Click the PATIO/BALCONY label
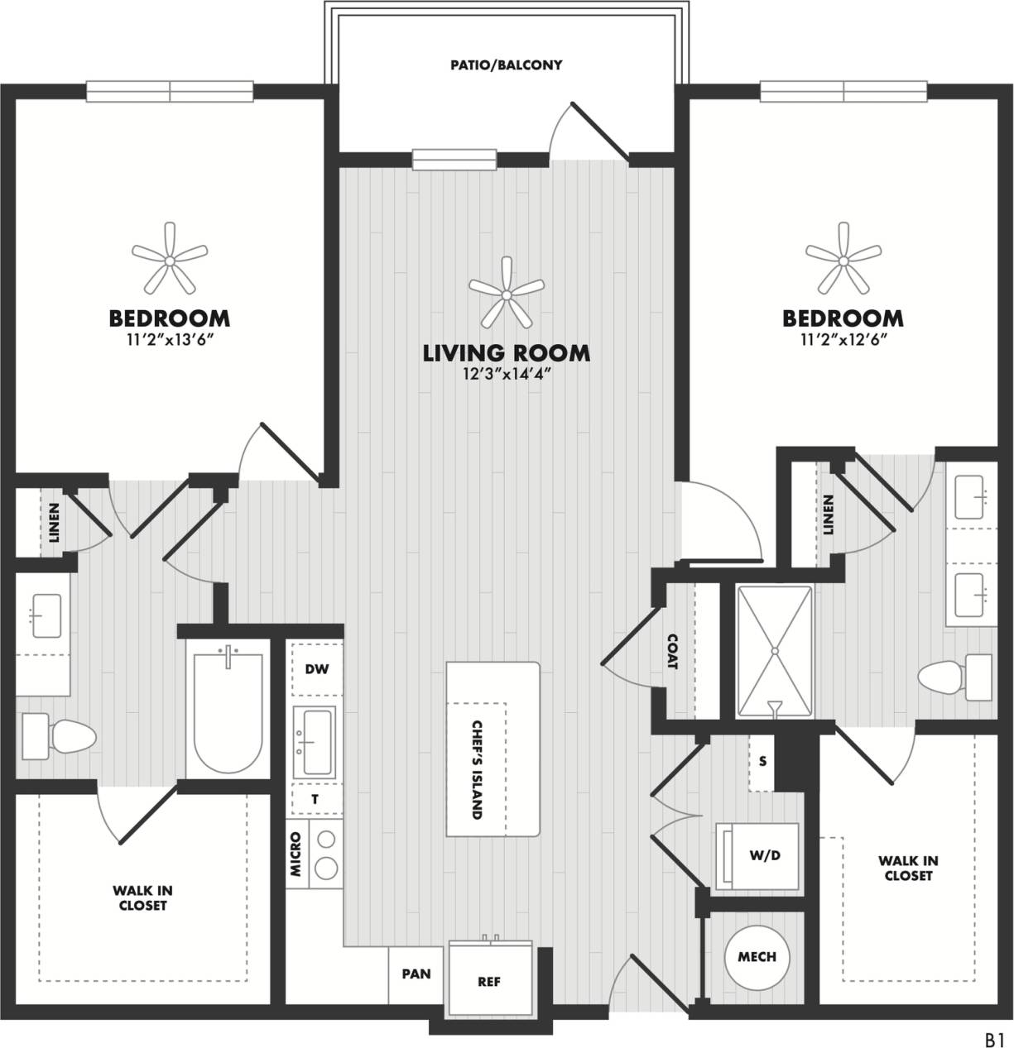[x=506, y=65]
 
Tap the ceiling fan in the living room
[x=507, y=293]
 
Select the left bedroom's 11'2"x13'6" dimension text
[x=169, y=339]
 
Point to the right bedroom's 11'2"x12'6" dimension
[x=843, y=339]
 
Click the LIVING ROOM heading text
[x=507, y=353]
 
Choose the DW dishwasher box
[x=315, y=668]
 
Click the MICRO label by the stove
[x=296, y=854]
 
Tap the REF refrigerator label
[x=489, y=982]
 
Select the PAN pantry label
[x=416, y=974]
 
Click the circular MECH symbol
[x=757, y=957]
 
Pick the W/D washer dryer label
[x=764, y=856]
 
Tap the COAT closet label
[x=671, y=652]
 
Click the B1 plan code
[x=993, y=1037]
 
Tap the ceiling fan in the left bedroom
[x=169, y=260]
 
